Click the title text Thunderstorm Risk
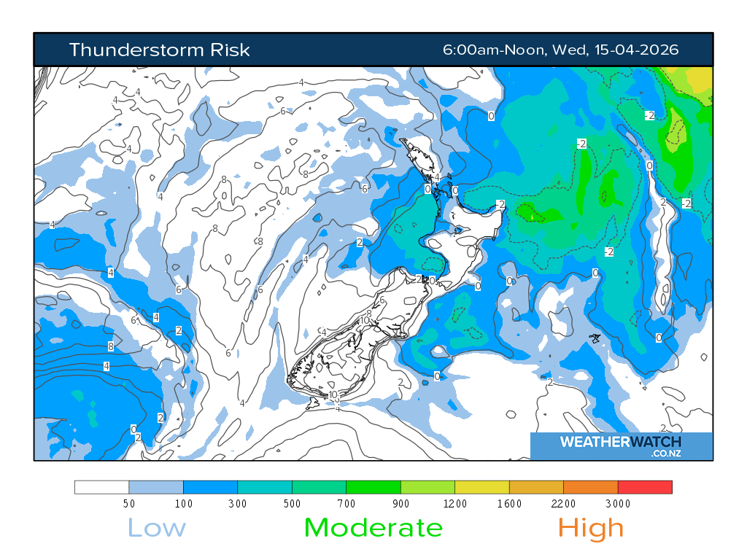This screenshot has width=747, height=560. [x=159, y=50]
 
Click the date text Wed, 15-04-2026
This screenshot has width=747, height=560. [x=616, y=50]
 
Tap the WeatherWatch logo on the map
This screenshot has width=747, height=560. [x=620, y=442]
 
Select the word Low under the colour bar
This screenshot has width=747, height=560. [x=157, y=527]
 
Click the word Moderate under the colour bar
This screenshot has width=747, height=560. [x=373, y=527]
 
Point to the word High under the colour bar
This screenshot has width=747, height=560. [x=591, y=527]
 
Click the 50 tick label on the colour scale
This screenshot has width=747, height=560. [x=129, y=504]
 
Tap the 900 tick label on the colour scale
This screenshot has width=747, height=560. [x=400, y=504]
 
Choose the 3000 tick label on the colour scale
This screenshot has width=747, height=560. [x=618, y=504]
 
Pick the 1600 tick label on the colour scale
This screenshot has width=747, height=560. [x=509, y=504]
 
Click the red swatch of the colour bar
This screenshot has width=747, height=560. [x=645, y=487]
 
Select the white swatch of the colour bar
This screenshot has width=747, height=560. [x=102, y=487]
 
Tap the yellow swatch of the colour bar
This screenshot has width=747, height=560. [x=481, y=487]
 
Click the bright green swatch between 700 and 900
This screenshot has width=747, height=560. [x=373, y=487]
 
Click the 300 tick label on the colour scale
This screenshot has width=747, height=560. [x=238, y=504]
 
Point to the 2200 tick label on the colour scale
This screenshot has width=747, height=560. [x=563, y=504]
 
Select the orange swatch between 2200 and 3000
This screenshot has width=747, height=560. [x=590, y=487]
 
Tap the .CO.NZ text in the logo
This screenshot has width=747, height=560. [x=665, y=454]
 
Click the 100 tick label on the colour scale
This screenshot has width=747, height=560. [x=183, y=504]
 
